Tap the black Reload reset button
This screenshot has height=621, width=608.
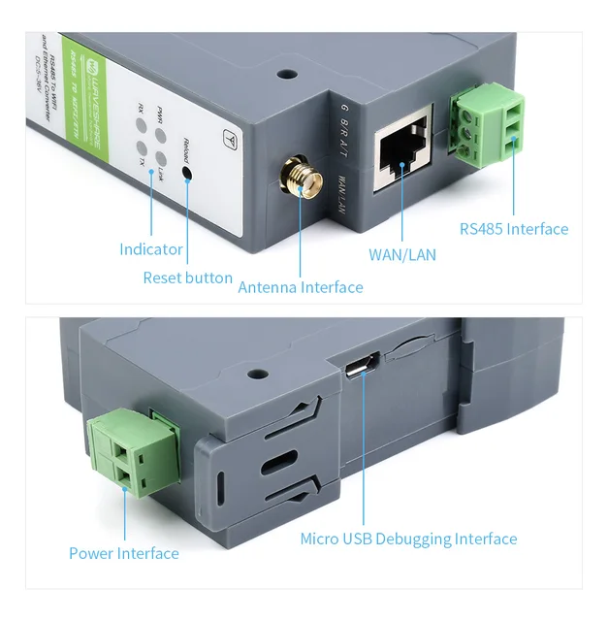pos(187,175)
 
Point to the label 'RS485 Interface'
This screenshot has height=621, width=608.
pos(514,229)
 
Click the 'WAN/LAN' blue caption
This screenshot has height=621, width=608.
pos(402,255)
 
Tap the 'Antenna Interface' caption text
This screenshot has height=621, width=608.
pos(301,287)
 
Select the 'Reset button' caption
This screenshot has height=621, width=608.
pos(188,278)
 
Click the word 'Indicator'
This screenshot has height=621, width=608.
pos(151,249)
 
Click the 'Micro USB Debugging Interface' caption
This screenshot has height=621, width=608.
pos(408,539)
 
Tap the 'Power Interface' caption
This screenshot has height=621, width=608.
pos(124,553)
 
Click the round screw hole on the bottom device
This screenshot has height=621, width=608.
pos(257,373)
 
